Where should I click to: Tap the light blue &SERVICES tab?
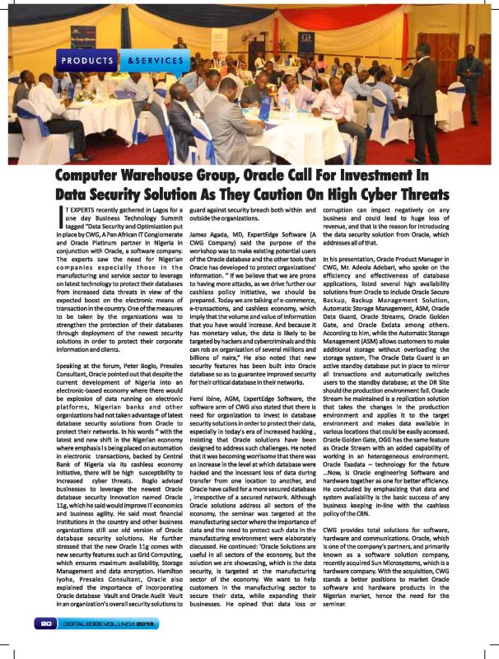[156, 61]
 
